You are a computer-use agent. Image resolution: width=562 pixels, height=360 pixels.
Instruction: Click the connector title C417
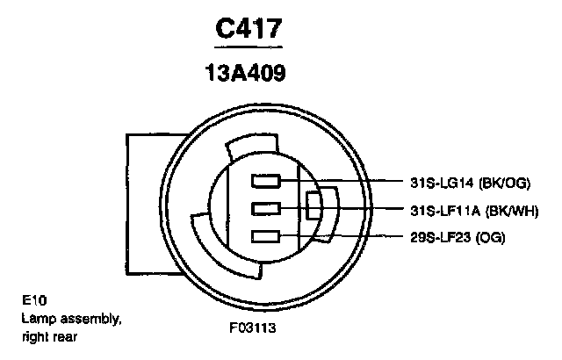(249, 28)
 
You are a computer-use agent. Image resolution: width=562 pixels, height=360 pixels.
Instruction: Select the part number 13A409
(246, 73)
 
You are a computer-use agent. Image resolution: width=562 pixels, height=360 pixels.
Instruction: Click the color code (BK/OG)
(504, 183)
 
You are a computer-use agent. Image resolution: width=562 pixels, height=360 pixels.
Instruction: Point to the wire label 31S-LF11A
(445, 211)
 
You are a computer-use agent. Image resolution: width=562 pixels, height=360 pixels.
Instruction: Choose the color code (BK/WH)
(512, 211)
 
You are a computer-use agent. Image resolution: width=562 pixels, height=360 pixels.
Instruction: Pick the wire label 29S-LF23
(440, 237)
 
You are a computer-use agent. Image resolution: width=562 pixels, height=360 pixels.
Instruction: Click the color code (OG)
(490, 237)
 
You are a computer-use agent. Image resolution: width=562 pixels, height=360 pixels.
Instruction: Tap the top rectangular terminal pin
(265, 181)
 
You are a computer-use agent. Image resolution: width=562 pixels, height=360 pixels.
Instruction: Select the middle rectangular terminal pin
(265, 208)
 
